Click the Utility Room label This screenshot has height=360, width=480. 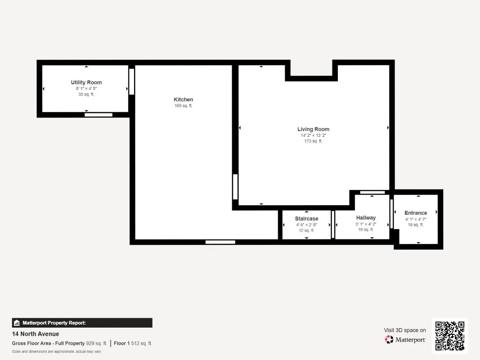(86, 82)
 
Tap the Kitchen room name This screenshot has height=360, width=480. (184, 99)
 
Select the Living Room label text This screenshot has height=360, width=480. (313, 129)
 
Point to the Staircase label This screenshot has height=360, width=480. (306, 219)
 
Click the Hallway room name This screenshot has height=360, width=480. (366, 218)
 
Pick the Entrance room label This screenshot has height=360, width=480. (416, 213)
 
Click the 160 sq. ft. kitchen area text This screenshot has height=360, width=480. (184, 106)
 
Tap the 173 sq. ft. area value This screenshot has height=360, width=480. (313, 141)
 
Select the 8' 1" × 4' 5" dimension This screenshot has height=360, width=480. (86, 89)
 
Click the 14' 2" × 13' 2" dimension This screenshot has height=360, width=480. (313, 135)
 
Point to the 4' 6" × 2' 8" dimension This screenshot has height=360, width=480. (306, 225)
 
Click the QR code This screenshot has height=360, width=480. (450, 336)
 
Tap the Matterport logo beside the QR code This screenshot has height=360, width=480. (405, 340)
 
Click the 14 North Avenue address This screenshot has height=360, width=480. (36, 334)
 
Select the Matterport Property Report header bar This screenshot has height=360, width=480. (82, 323)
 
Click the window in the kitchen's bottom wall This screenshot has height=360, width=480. (220, 242)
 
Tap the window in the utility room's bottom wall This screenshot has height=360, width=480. (99, 115)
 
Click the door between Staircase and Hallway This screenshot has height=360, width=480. (333, 225)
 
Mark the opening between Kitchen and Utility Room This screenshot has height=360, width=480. (132, 81)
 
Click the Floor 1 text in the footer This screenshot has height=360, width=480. (122, 343)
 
